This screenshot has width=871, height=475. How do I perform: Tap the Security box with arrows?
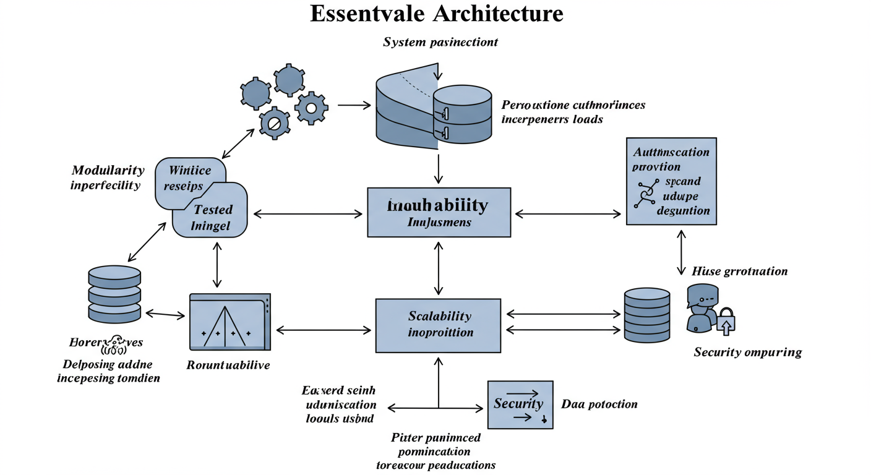(x=520, y=404)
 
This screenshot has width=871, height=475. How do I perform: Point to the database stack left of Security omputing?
(x=646, y=314)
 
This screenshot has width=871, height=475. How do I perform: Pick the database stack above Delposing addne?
(x=114, y=294)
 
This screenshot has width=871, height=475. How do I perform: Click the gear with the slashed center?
(x=274, y=123)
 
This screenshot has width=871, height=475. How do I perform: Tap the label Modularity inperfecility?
(x=108, y=178)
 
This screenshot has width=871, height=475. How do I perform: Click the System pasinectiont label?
(x=440, y=43)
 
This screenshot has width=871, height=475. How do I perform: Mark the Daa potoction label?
(x=599, y=404)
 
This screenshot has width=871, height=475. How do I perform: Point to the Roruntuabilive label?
(x=228, y=365)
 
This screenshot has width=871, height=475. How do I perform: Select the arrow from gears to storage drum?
(x=354, y=105)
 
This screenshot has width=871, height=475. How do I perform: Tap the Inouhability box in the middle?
(x=439, y=212)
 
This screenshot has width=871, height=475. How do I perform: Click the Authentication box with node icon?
(x=671, y=181)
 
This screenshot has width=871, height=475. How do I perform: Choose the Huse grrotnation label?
(x=739, y=271)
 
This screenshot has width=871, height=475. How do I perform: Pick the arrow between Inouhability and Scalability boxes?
(x=439, y=268)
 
